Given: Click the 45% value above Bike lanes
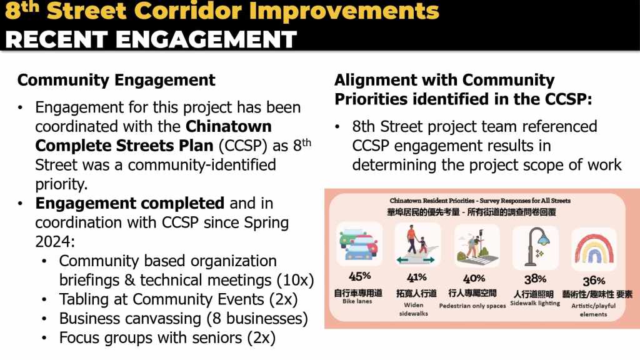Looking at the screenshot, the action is click(x=359, y=276).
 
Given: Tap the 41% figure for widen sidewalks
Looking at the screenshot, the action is click(x=416, y=277).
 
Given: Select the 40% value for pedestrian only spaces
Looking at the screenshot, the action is click(x=474, y=279).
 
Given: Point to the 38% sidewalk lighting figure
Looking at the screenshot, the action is click(x=535, y=279).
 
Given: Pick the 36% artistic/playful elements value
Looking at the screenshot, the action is click(x=594, y=281).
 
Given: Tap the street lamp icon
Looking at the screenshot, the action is click(x=536, y=247).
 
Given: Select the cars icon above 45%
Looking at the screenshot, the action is click(x=359, y=244).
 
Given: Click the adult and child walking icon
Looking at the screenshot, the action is click(x=417, y=245).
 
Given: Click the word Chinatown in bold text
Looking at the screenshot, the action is click(x=229, y=126).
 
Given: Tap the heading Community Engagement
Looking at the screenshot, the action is click(x=116, y=80).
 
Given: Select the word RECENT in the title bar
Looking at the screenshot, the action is click(x=56, y=39).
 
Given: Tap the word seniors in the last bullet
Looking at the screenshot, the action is click(x=217, y=338).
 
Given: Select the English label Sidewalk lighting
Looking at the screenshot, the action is click(x=535, y=303).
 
